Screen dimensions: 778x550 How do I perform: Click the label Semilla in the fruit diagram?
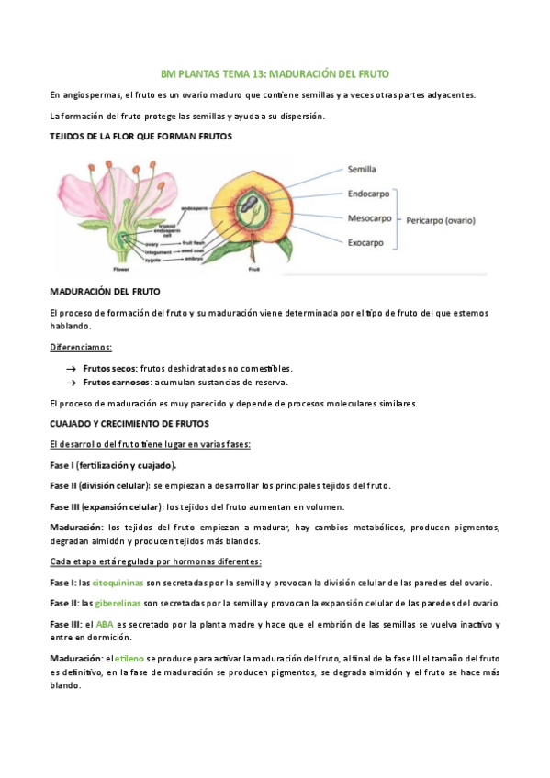coord(362,169)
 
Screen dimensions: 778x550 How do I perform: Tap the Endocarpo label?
coord(370,194)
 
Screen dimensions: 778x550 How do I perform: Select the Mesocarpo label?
coord(370,218)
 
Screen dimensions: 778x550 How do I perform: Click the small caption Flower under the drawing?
coord(121,270)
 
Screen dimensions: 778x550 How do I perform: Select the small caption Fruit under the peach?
coord(253,270)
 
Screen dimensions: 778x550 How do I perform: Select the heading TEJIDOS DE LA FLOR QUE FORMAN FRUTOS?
coord(140,136)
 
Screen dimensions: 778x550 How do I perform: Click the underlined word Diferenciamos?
coord(82,348)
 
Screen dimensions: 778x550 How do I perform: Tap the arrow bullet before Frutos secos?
coord(69,366)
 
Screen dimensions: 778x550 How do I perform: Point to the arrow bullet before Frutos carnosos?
coord(69,382)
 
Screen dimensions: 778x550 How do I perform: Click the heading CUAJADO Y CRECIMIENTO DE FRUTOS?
coord(129,424)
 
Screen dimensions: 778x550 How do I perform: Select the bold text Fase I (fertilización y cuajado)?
coord(113,465)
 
